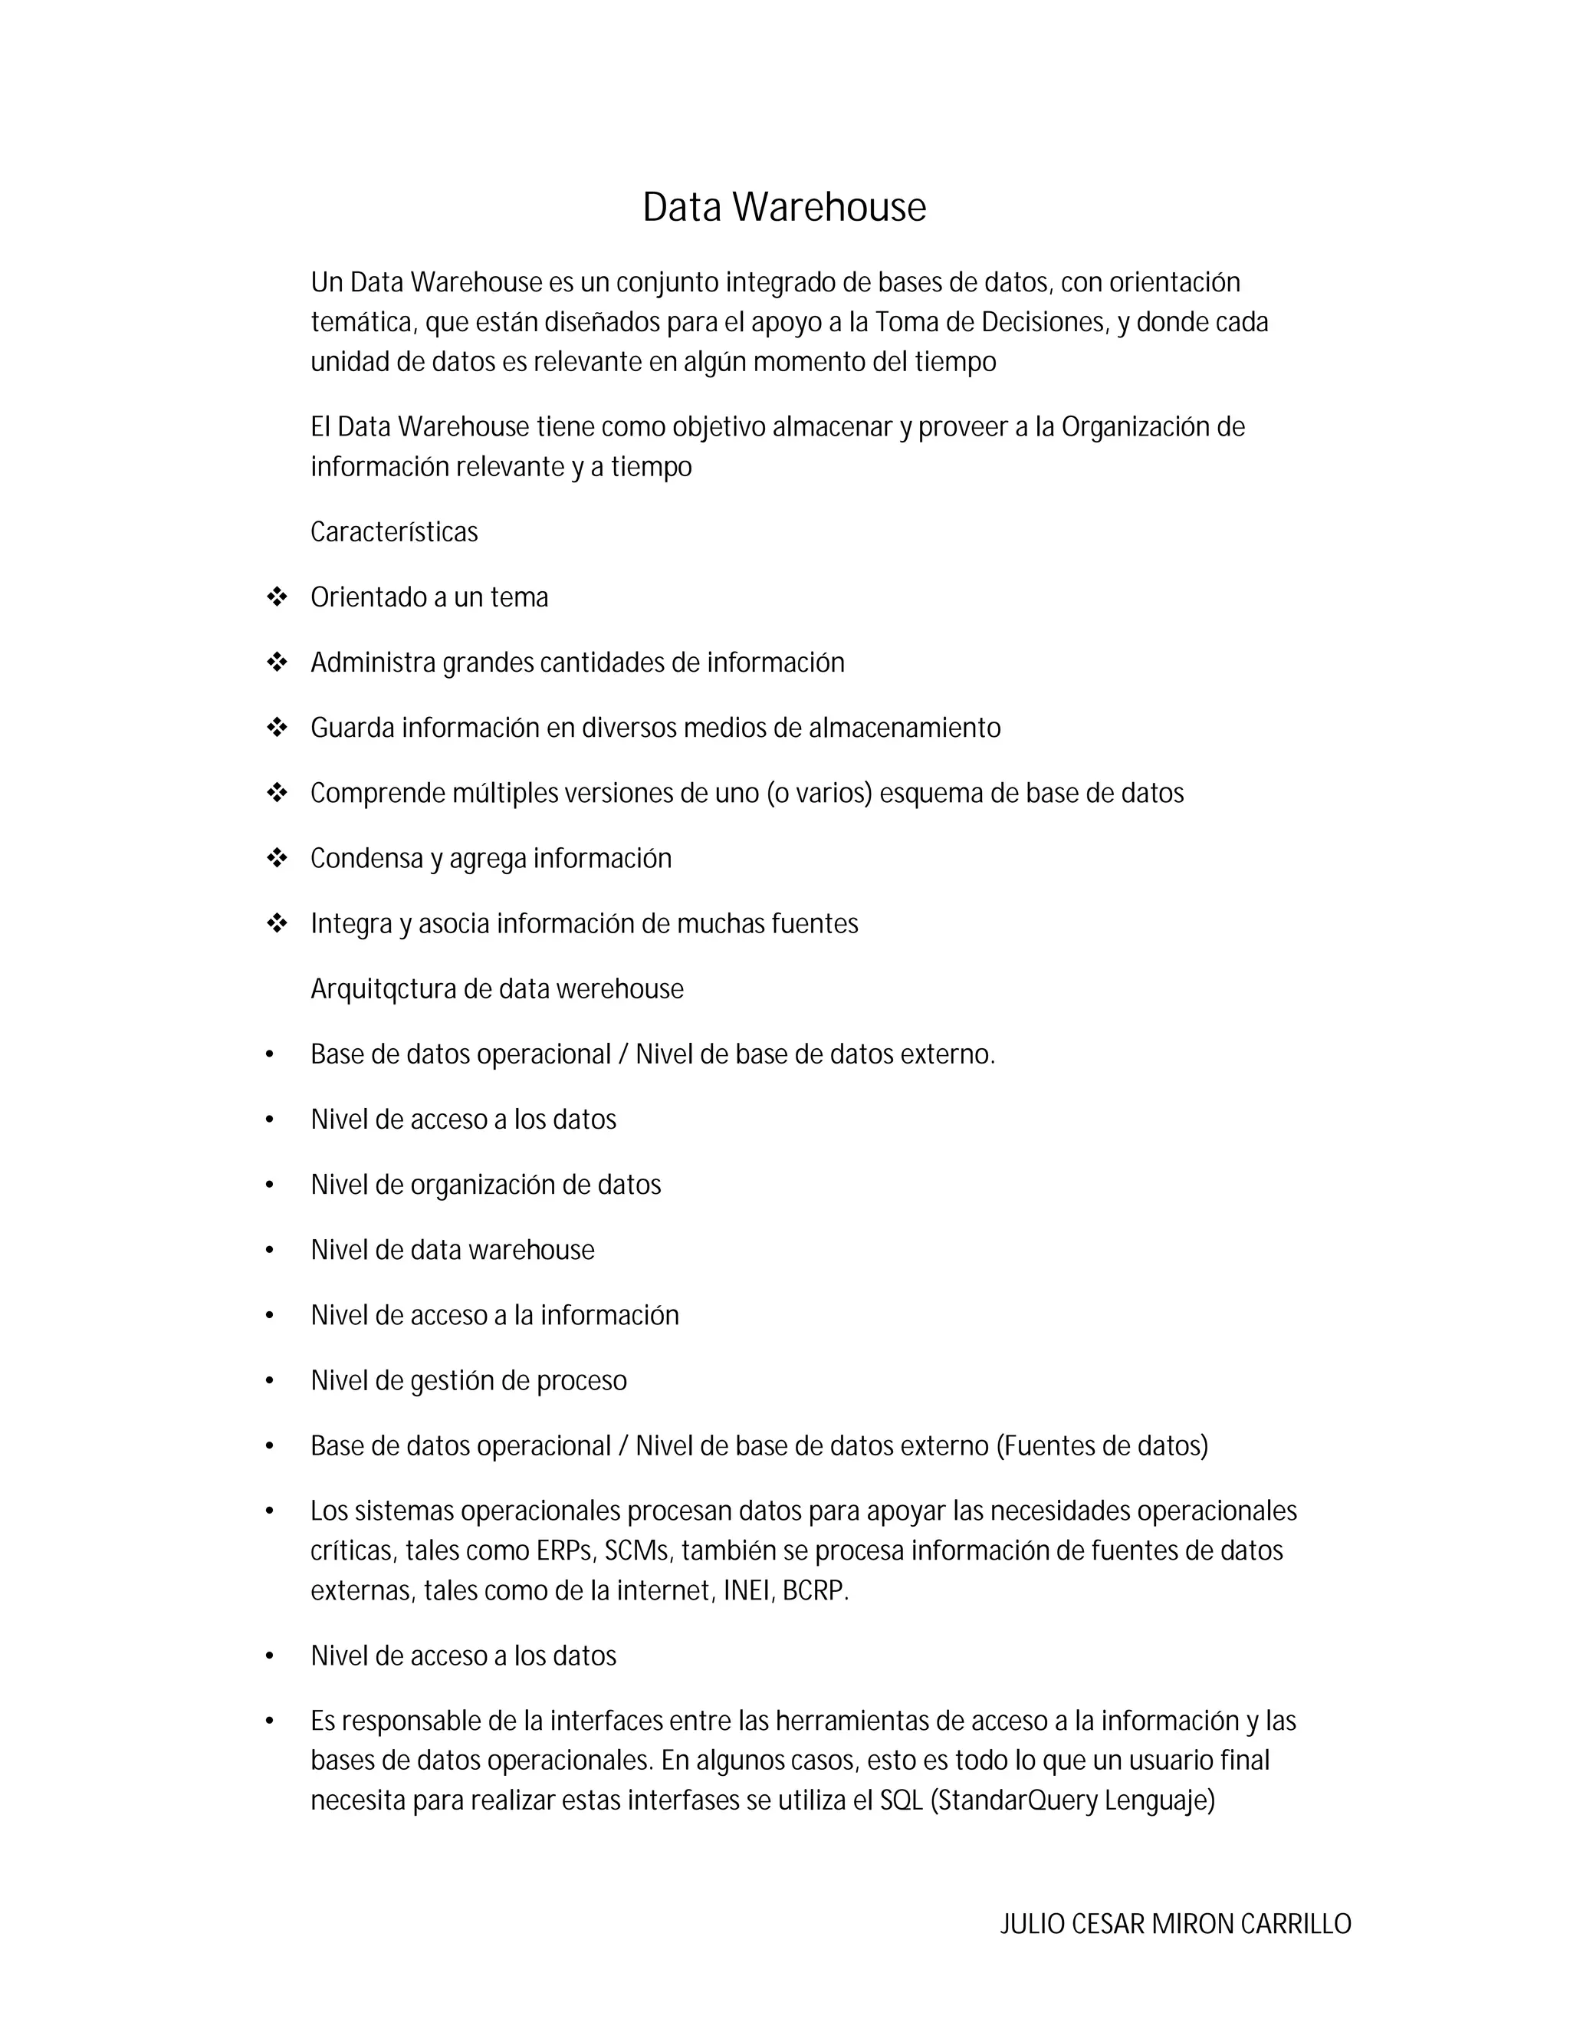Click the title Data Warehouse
[784, 208]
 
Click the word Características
[393, 532]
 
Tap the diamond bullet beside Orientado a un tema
[276, 597]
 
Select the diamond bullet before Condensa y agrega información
[276, 858]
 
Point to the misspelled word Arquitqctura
[383, 989]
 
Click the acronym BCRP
[815, 1590]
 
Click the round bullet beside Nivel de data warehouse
[270, 1251]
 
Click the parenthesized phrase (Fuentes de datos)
[1102, 1446]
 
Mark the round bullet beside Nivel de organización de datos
[270, 1185]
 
